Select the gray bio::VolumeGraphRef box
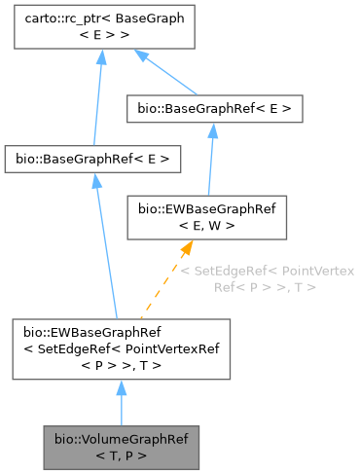point(121,447)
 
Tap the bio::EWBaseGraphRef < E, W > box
point(206,217)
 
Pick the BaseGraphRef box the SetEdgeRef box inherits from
point(92,157)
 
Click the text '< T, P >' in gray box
point(121,455)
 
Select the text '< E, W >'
point(206,226)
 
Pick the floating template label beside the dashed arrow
point(267,278)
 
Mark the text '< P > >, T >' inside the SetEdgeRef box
point(121,365)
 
